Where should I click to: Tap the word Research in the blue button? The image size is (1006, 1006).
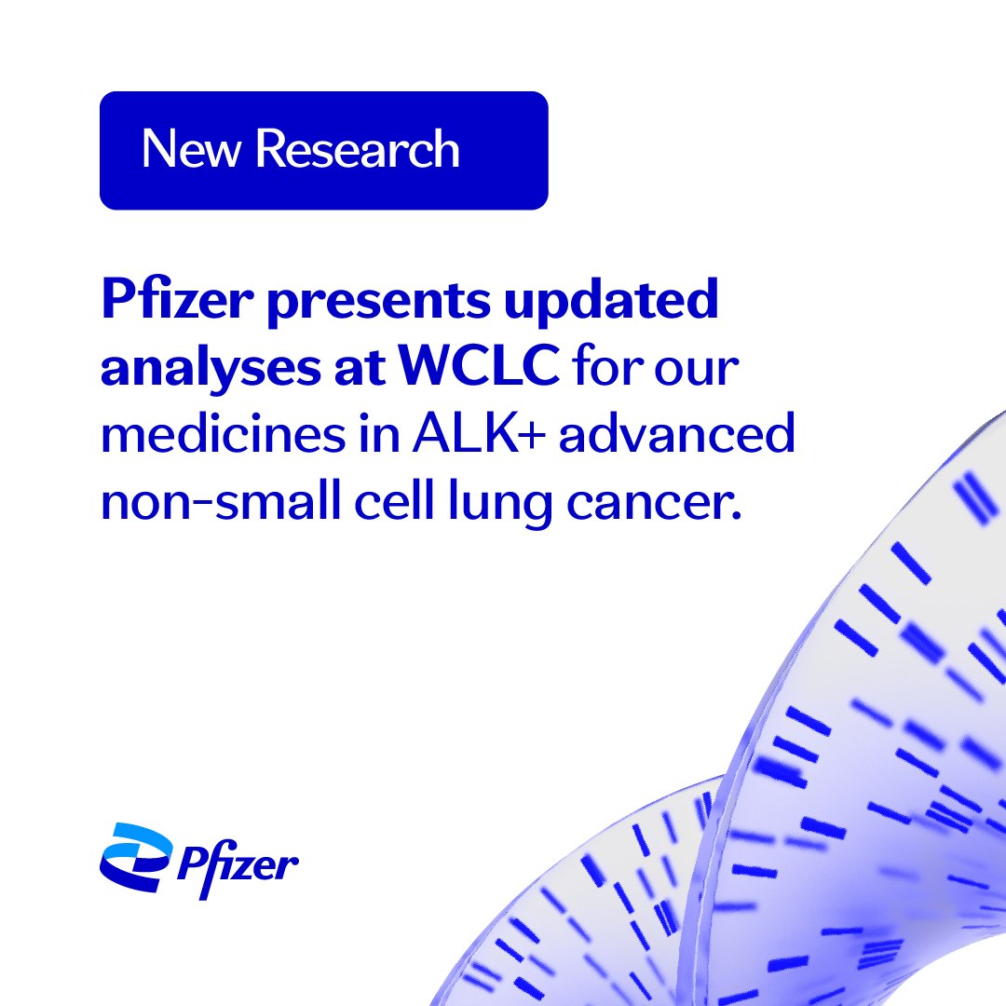pyautogui.click(x=358, y=149)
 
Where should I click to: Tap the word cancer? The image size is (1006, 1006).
pyautogui.click(x=668, y=504)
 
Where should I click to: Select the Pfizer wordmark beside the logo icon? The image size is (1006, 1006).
pyautogui.click(x=237, y=864)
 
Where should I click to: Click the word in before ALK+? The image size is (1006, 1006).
pyautogui.click(x=380, y=435)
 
